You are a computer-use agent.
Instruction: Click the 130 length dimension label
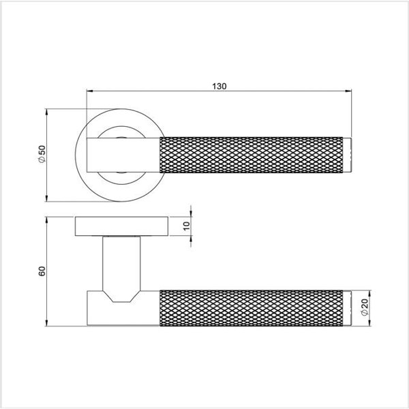click(x=219, y=87)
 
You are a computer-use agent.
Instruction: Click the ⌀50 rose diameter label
click(x=42, y=155)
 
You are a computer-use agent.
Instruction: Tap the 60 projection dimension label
click(x=42, y=271)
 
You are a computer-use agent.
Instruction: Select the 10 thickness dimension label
click(x=187, y=226)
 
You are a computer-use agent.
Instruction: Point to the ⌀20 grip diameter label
click(x=365, y=307)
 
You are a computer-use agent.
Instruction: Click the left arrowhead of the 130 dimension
click(x=90, y=91)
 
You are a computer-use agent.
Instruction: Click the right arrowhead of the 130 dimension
click(x=348, y=91)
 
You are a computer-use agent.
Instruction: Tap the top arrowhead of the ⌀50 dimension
click(x=46, y=112)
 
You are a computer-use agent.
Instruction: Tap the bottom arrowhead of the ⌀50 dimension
click(x=46, y=198)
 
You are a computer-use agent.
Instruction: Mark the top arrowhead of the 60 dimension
click(x=46, y=220)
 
